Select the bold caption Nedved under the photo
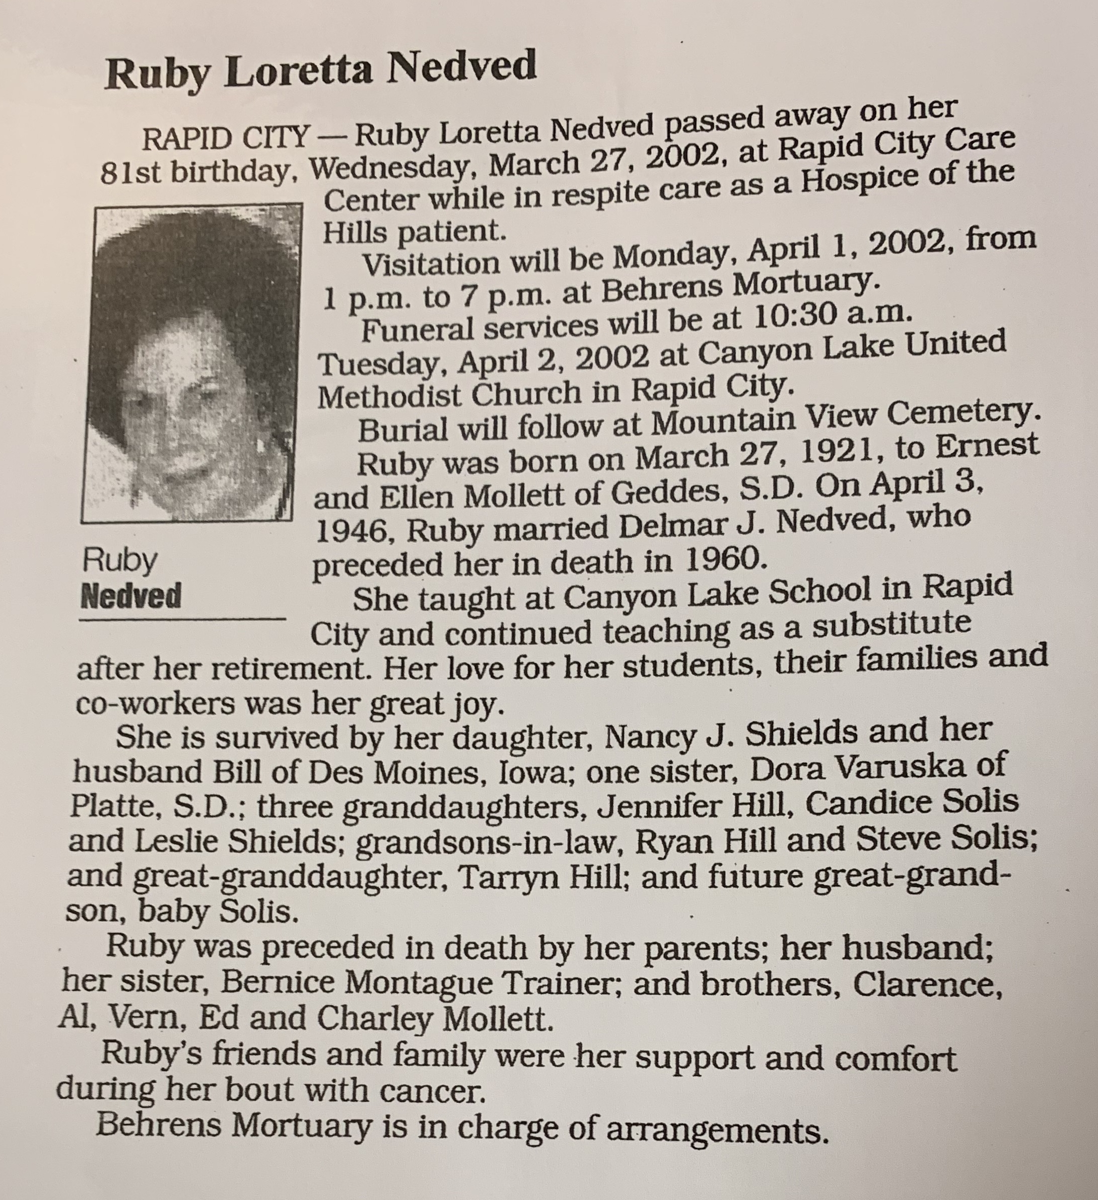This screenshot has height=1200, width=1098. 131,596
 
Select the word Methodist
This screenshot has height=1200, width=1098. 390,395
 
